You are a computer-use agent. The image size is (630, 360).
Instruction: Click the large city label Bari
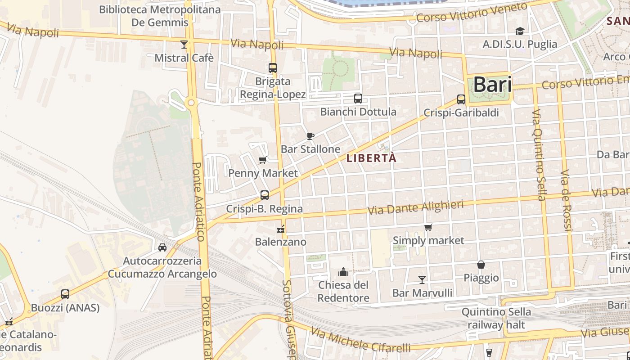click(492, 85)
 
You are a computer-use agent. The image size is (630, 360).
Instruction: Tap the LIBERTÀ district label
click(372, 158)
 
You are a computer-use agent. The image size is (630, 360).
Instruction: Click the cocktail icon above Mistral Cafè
click(184, 44)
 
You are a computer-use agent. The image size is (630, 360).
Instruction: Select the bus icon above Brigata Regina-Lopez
click(273, 68)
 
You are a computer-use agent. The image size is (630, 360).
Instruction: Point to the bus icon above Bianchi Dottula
click(358, 99)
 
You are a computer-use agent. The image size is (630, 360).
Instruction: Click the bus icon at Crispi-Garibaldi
click(461, 99)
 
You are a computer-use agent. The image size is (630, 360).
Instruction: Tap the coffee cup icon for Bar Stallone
click(310, 136)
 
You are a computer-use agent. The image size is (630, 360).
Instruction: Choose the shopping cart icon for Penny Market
click(263, 160)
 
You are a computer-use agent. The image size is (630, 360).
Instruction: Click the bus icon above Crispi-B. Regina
click(265, 195)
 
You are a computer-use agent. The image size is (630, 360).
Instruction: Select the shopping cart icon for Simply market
click(428, 227)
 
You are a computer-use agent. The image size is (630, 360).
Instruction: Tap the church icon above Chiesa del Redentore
click(343, 272)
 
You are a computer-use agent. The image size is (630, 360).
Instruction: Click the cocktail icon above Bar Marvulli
click(422, 280)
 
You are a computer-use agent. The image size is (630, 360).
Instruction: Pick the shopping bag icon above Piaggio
click(481, 265)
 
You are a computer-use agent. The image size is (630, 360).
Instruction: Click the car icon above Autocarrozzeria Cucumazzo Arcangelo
click(162, 247)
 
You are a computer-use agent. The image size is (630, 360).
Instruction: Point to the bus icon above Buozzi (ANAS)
click(65, 294)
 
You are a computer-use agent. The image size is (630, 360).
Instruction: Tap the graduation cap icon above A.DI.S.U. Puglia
click(520, 31)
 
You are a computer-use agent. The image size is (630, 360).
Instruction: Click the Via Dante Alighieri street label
click(415, 207)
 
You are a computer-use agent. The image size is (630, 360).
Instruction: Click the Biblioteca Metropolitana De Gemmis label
click(160, 16)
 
